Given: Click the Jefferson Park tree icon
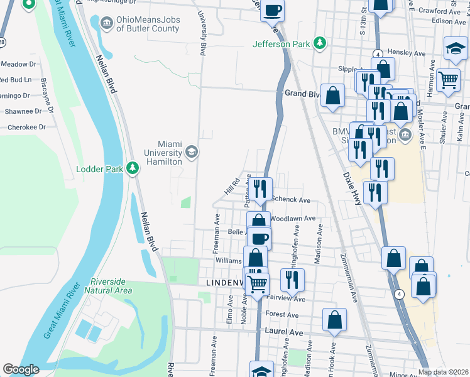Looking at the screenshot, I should pyautogui.click(x=320, y=43).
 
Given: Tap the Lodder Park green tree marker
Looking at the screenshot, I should pyautogui.click(x=132, y=169).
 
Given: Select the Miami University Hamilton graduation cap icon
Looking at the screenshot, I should pyautogui.click(x=191, y=152).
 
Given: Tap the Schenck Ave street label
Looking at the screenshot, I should pyautogui.click(x=291, y=200).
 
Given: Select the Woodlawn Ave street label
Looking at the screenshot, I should pyautogui.click(x=293, y=218).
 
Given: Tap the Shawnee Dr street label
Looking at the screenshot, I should pyautogui.click(x=24, y=111).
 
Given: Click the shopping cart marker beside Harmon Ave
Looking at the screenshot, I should pyautogui.click(x=447, y=80).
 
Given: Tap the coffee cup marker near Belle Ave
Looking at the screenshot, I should pyautogui.click(x=259, y=238).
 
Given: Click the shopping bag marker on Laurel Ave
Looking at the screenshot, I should pyautogui.click(x=335, y=319).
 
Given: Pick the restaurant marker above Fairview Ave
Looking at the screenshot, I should pyautogui.click(x=292, y=279).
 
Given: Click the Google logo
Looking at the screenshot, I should pyautogui.click(x=21, y=369).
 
